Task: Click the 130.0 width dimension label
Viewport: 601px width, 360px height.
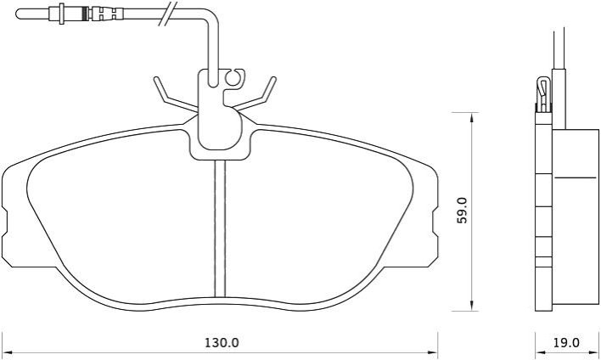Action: [x=222, y=342]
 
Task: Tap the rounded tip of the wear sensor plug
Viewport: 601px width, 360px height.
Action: [x=19, y=14]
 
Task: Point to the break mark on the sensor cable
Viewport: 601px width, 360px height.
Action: [x=168, y=14]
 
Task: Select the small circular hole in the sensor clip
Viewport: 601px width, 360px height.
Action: [x=233, y=78]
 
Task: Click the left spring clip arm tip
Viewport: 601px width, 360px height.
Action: [x=156, y=79]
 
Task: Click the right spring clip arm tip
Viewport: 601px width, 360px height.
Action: [x=273, y=79]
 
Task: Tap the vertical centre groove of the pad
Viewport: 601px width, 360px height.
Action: [x=220, y=229]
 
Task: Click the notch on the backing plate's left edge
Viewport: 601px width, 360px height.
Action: [x=4, y=222]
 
